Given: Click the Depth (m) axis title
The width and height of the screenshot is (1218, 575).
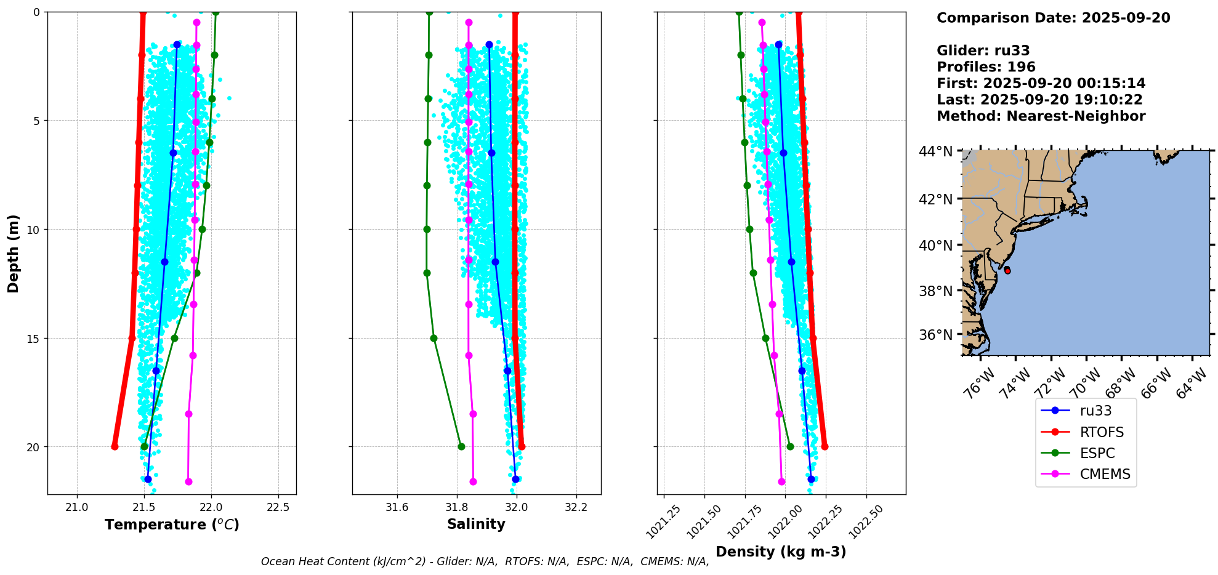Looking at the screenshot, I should [14, 253].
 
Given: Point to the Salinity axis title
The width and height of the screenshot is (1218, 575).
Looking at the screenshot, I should [476, 524].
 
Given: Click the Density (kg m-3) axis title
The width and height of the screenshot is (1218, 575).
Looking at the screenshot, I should [781, 552].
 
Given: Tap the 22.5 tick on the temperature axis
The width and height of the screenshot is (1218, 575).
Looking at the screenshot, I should [278, 507].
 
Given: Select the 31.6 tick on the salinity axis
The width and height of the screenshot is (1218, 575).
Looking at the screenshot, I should [397, 507].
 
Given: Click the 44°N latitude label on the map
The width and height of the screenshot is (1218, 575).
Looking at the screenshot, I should [935, 151].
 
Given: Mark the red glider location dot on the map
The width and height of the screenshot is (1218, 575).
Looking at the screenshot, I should [1007, 270].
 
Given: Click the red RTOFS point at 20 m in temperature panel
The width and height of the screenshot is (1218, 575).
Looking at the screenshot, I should [115, 446].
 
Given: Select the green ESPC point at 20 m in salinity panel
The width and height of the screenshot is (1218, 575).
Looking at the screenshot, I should [461, 446].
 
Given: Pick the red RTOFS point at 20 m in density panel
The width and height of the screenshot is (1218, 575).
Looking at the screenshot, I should [825, 446].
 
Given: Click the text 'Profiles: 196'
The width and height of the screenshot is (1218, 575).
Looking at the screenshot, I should [986, 67].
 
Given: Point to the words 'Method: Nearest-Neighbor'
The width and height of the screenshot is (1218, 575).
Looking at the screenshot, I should [1041, 116].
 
